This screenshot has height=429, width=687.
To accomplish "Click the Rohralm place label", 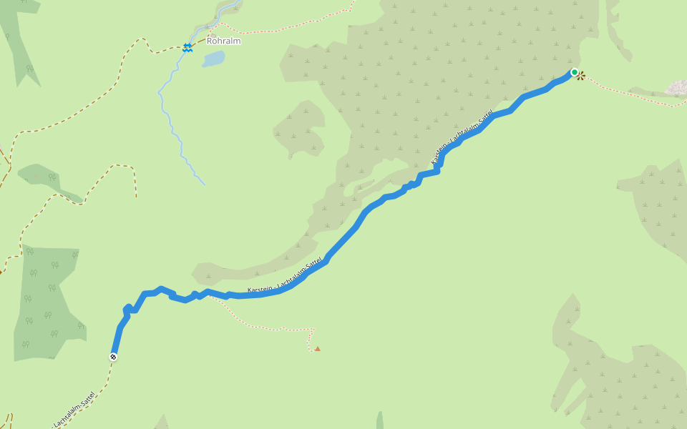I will click(223, 41).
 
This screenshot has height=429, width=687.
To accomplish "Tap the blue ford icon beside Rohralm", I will click(187, 47).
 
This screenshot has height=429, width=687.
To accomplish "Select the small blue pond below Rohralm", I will click(213, 59).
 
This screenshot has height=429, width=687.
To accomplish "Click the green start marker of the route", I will click(574, 72).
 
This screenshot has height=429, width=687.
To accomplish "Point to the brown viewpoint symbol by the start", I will click(582, 75).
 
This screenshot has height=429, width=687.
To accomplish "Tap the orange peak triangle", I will click(317, 349).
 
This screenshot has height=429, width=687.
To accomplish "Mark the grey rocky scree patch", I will click(676, 88).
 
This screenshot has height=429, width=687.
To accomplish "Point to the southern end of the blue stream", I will click(205, 184).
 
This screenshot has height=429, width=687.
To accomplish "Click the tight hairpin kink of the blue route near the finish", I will click(127, 310).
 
